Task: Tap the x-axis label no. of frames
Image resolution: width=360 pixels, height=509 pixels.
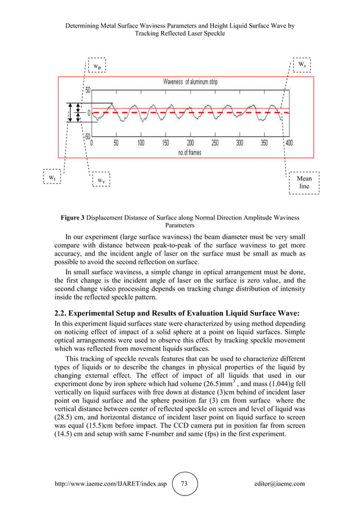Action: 190,152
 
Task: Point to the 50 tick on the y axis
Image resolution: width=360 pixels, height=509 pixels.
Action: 87,90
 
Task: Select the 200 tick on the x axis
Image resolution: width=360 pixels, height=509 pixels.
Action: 190,143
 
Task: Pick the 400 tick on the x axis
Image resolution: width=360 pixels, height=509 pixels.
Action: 288,143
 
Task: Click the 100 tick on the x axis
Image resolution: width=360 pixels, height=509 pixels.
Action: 141,143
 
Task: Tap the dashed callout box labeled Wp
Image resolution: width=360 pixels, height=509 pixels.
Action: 97,66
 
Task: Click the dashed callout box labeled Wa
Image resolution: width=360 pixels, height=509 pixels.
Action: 302,64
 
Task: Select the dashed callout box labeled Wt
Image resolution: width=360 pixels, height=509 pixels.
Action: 52,177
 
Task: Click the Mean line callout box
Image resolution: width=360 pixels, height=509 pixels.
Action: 304,182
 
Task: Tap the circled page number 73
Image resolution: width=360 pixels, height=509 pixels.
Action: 185,484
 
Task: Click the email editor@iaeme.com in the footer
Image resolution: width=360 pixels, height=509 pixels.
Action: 280,484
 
